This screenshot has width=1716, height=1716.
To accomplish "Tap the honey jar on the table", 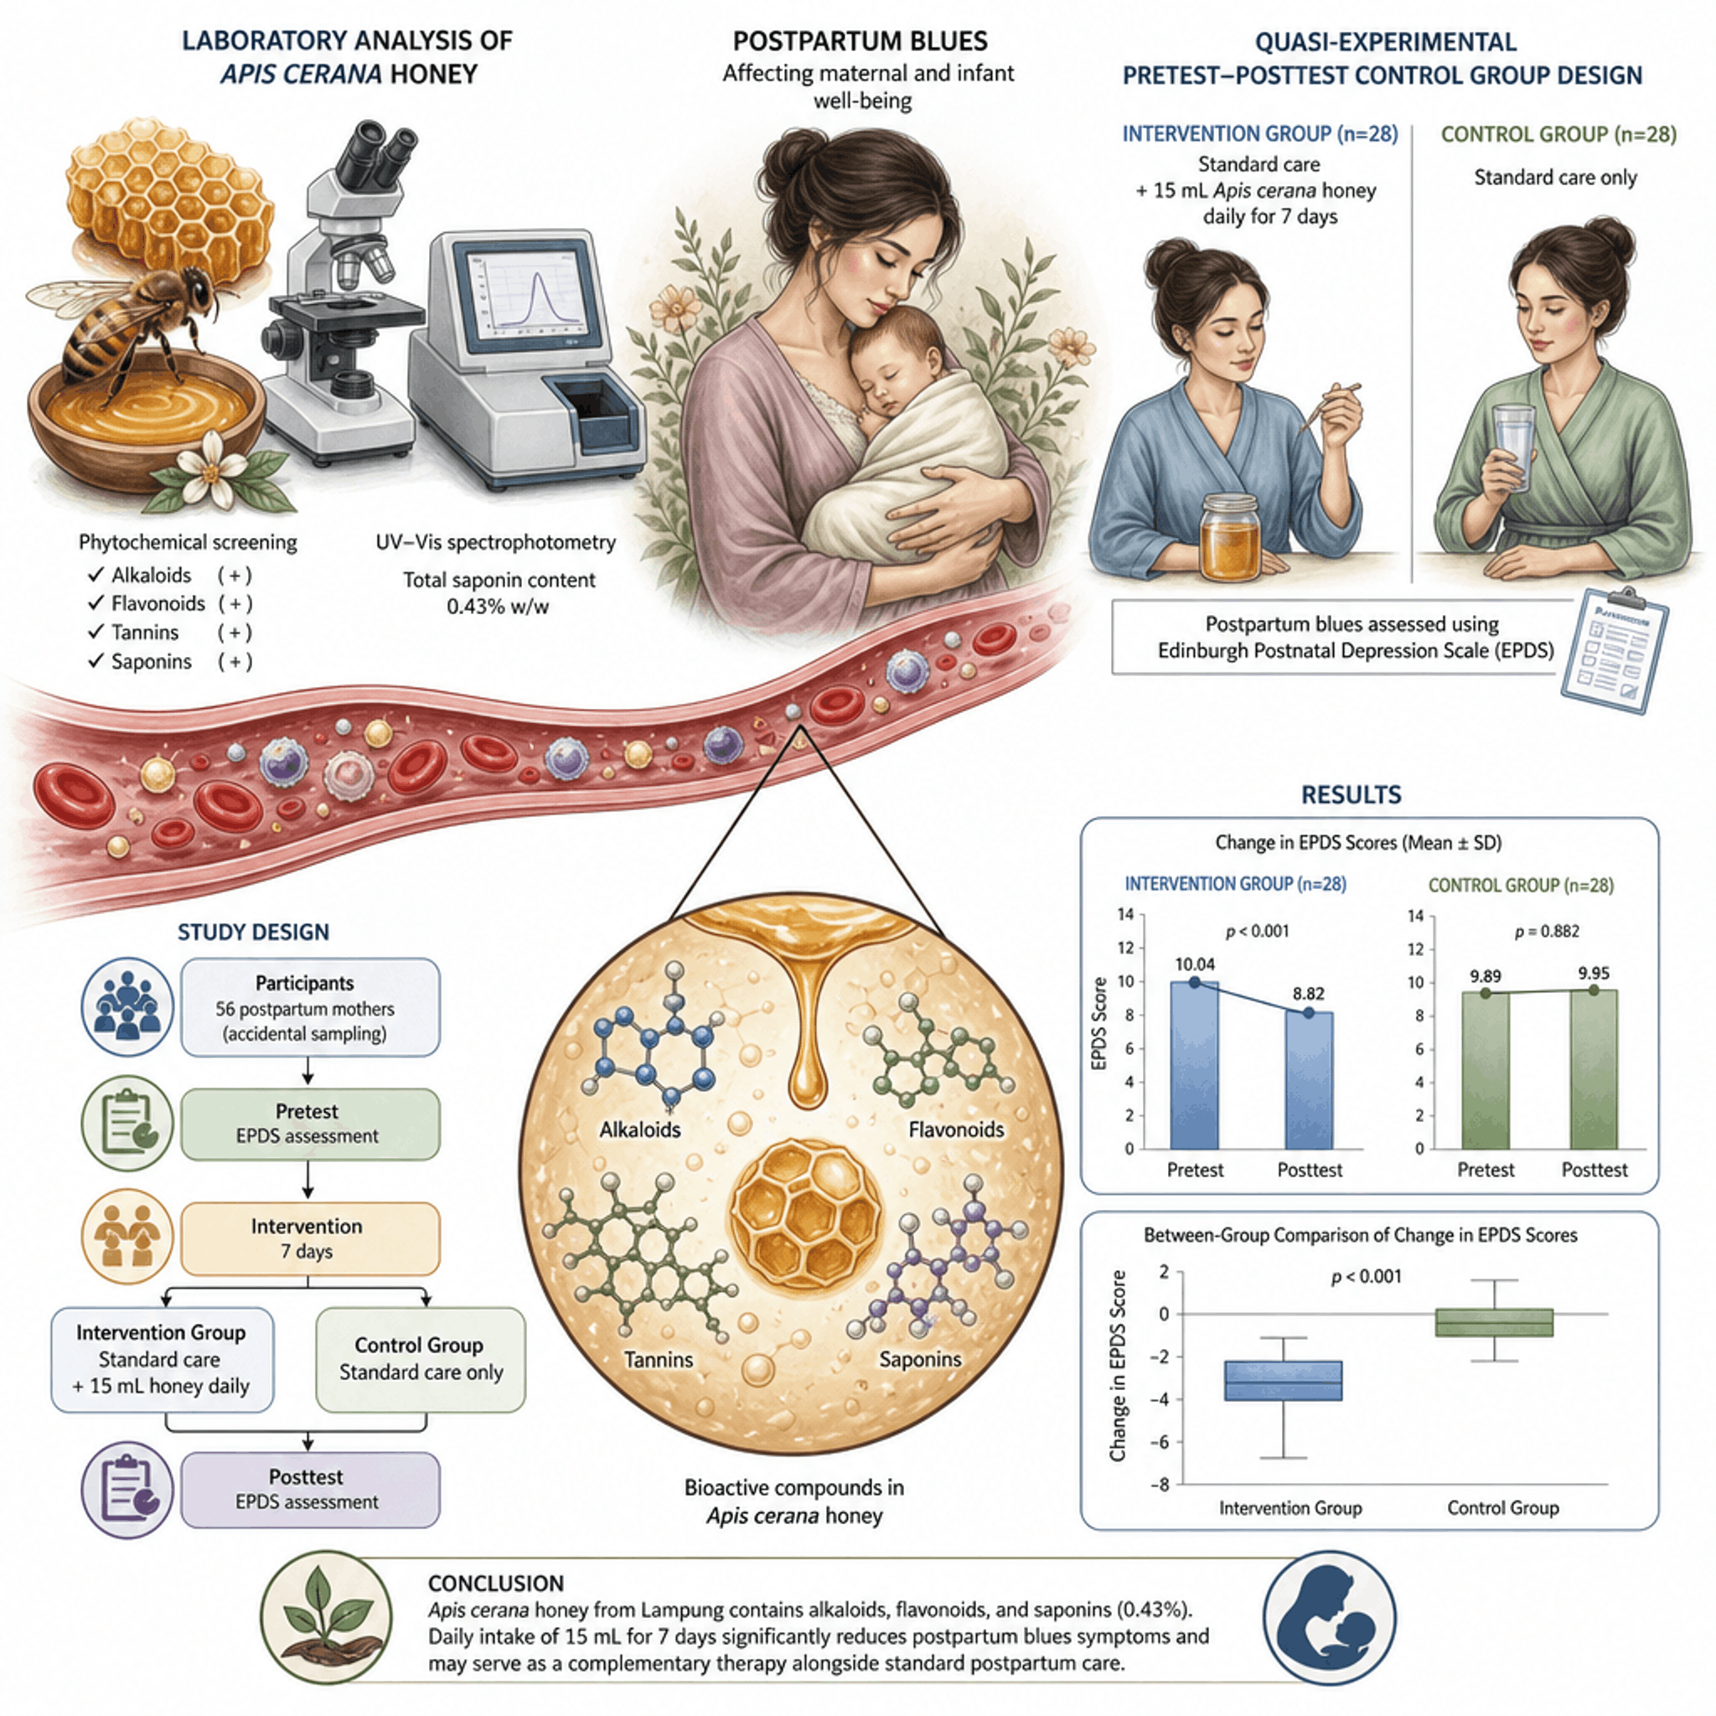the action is [1231, 537].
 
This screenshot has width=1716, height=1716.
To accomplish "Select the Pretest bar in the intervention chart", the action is [1195, 1065].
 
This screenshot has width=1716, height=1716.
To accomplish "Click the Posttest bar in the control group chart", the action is [1594, 1069].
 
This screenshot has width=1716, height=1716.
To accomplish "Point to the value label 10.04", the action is [1195, 964].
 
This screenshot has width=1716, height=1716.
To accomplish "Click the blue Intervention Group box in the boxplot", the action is [1283, 1380].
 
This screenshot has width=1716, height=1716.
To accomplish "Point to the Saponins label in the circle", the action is [920, 1359].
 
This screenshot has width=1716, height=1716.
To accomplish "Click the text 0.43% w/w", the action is [499, 607].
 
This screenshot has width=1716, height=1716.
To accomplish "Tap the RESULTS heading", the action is [1351, 795].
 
